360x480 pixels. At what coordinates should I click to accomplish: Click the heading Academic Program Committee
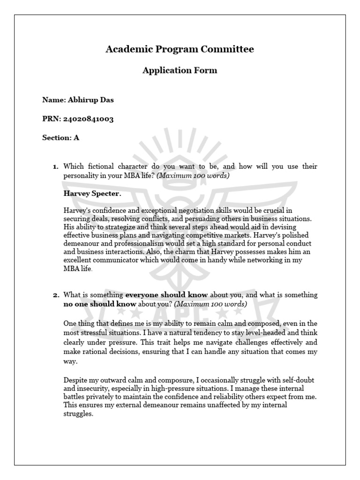pos(180,49)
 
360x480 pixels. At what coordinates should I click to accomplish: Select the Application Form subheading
pos(180,71)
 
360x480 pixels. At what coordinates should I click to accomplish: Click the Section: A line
pos(60,138)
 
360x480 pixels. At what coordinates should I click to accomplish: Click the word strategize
pos(117,227)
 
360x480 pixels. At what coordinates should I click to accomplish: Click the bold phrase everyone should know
pos(166,295)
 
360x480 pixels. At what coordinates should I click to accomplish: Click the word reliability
pos(240,397)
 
